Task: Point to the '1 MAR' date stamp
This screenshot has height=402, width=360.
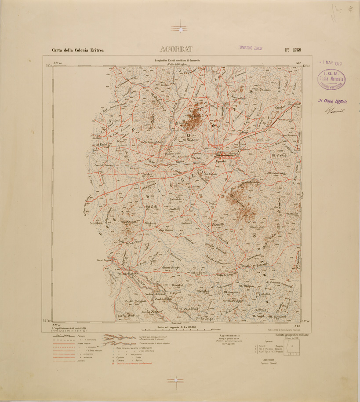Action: tap(331, 62)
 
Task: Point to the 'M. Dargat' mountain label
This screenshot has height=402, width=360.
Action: tap(130, 221)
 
